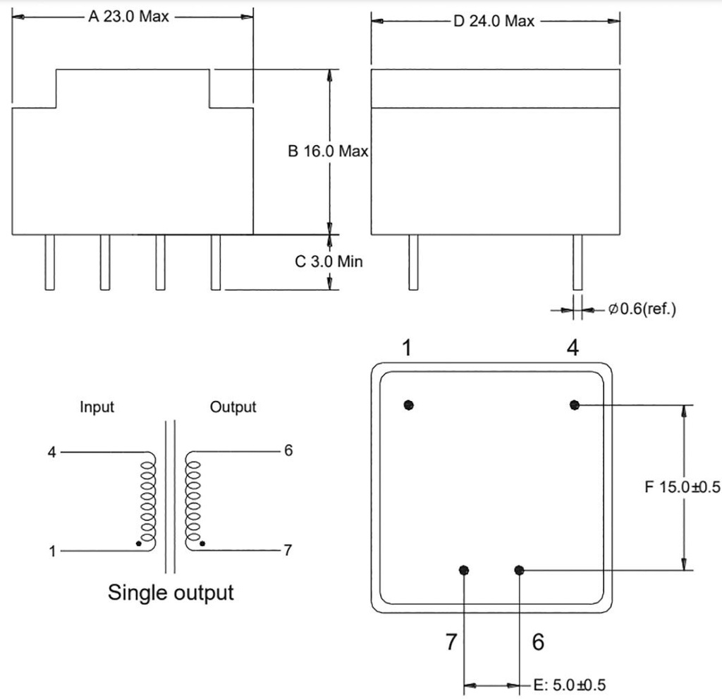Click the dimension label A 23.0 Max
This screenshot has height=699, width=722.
[x=128, y=17]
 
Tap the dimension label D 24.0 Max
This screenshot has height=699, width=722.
[x=494, y=21]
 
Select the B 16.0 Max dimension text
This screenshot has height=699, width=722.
[x=329, y=151]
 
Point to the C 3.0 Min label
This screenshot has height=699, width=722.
[x=329, y=261]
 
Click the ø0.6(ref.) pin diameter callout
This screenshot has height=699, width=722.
[x=642, y=309]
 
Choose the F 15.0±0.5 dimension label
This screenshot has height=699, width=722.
[x=683, y=487]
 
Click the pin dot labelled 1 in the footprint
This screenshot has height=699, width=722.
[x=409, y=404]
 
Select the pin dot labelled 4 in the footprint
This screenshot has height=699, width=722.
[x=575, y=404]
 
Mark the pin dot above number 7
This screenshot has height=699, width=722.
[x=464, y=570]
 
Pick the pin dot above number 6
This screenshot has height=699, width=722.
[x=520, y=570]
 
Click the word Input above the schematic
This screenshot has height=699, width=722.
[x=97, y=407]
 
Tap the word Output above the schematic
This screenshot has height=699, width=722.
[x=233, y=407]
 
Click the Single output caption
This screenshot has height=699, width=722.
[x=171, y=592]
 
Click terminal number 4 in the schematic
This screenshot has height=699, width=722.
[x=51, y=452]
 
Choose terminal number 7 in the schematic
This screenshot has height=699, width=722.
[x=288, y=550]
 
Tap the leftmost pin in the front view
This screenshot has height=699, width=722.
[x=49, y=261]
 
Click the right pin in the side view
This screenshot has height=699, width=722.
[x=577, y=261]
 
